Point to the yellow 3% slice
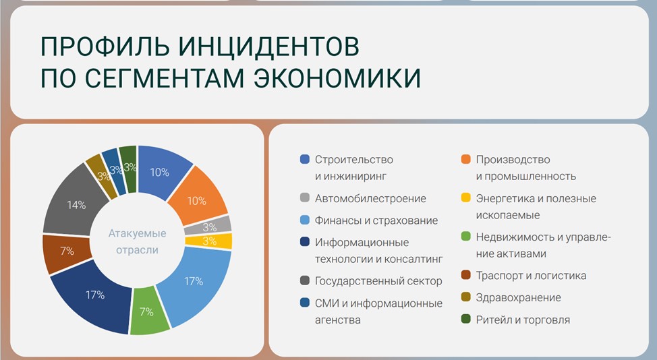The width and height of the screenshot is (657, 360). coord(208,241)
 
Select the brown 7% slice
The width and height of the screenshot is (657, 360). coord(66,253)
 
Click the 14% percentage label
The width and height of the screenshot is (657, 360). coord(76,205)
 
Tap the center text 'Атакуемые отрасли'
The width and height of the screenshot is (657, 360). coord(138,241)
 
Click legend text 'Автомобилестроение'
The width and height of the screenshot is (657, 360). coord(370,198)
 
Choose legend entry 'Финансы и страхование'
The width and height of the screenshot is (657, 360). coord(376,220)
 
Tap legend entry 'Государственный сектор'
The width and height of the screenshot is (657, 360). coord(378,281)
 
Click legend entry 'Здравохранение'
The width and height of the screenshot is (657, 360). coord(518,297)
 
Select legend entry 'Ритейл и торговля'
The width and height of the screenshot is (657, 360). coord(523,320)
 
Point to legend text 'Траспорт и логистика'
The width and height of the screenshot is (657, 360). coord(531,276)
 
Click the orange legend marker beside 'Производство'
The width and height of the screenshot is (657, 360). coord(465,159)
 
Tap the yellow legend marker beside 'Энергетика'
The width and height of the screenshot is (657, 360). coord(465,198)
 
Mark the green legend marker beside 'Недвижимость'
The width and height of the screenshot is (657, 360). coord(465,236)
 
